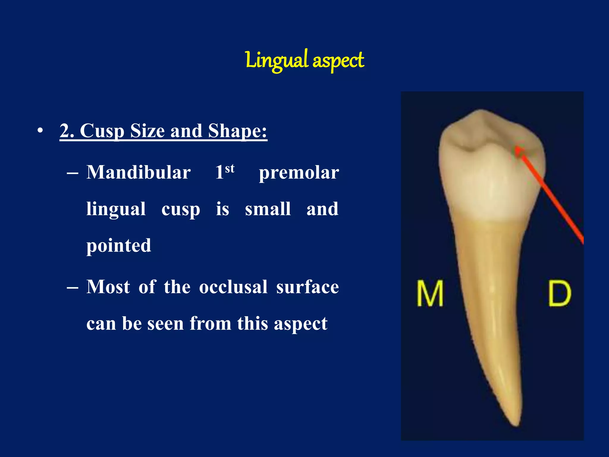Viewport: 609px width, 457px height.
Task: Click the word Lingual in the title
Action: (277, 60)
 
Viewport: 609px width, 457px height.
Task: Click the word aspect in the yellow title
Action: (338, 61)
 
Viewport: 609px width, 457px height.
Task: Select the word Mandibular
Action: (139, 172)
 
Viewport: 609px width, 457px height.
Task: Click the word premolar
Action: (299, 173)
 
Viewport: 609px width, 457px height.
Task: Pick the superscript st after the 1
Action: (230, 168)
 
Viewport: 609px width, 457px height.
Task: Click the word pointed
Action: (119, 246)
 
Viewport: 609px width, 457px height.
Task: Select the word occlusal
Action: (233, 287)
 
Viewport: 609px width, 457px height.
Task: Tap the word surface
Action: (307, 287)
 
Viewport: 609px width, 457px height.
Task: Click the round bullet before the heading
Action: (40, 131)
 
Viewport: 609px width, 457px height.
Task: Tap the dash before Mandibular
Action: (73, 173)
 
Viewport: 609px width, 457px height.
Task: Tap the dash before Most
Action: (73, 288)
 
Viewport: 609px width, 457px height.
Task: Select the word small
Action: (268, 209)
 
